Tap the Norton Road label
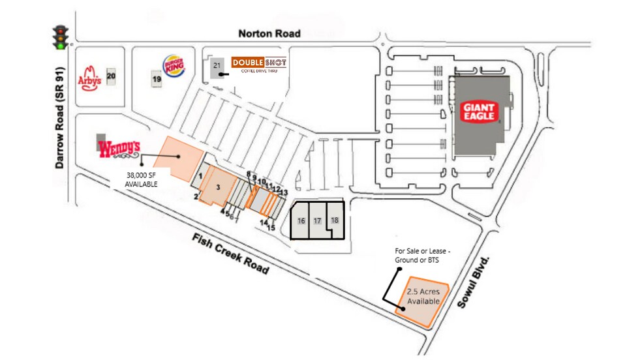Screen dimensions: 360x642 pyautogui.click(x=269, y=33)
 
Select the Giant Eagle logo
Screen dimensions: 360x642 pyautogui.click(x=480, y=112)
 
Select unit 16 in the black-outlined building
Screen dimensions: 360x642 pyautogui.click(x=301, y=220)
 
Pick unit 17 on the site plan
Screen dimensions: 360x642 pyautogui.click(x=318, y=220)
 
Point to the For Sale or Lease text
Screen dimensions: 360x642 pyautogui.click(x=418, y=256)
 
